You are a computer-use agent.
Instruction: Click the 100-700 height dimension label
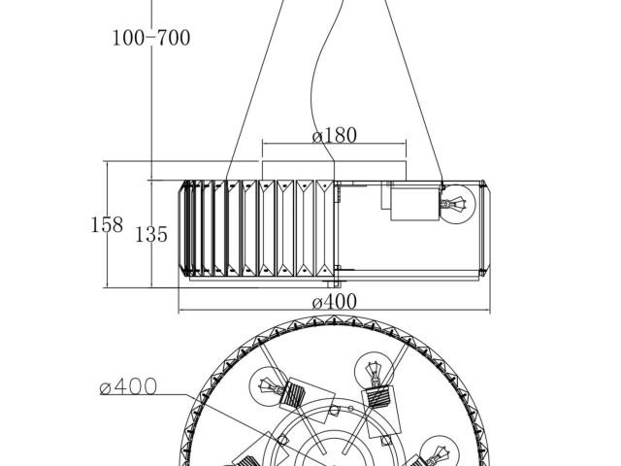pos(151,38)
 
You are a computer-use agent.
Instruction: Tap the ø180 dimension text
pos(335,136)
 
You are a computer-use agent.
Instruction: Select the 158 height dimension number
pos(107,224)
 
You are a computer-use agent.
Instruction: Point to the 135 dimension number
pos(151,234)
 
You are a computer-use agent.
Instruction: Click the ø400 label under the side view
pos(335,302)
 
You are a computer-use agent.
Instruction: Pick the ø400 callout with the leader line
pos(128,386)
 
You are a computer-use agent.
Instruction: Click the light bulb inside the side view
pos(457,204)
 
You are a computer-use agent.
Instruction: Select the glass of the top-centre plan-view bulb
pos(373,369)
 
